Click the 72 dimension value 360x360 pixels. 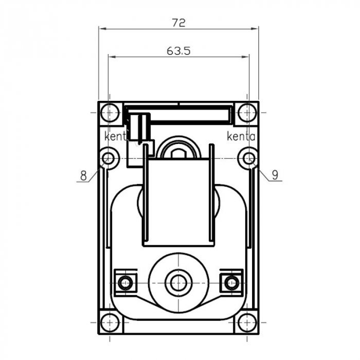[178, 22]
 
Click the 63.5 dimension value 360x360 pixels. [178, 51]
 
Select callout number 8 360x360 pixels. [83, 175]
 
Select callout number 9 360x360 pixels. [275, 175]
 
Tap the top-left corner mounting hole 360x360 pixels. [109, 112]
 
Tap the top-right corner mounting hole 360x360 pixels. [248, 112]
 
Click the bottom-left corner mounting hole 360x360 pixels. [109, 322]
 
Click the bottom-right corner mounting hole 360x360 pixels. [248, 322]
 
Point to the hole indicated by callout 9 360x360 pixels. [248, 158]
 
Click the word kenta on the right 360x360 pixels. [241, 137]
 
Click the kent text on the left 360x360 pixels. [115, 137]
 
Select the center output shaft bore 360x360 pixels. [178, 282]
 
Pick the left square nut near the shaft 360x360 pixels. [125, 282]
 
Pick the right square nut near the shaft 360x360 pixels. [232, 282]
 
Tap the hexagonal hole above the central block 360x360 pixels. [178, 153]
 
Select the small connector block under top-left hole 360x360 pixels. [138, 126]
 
